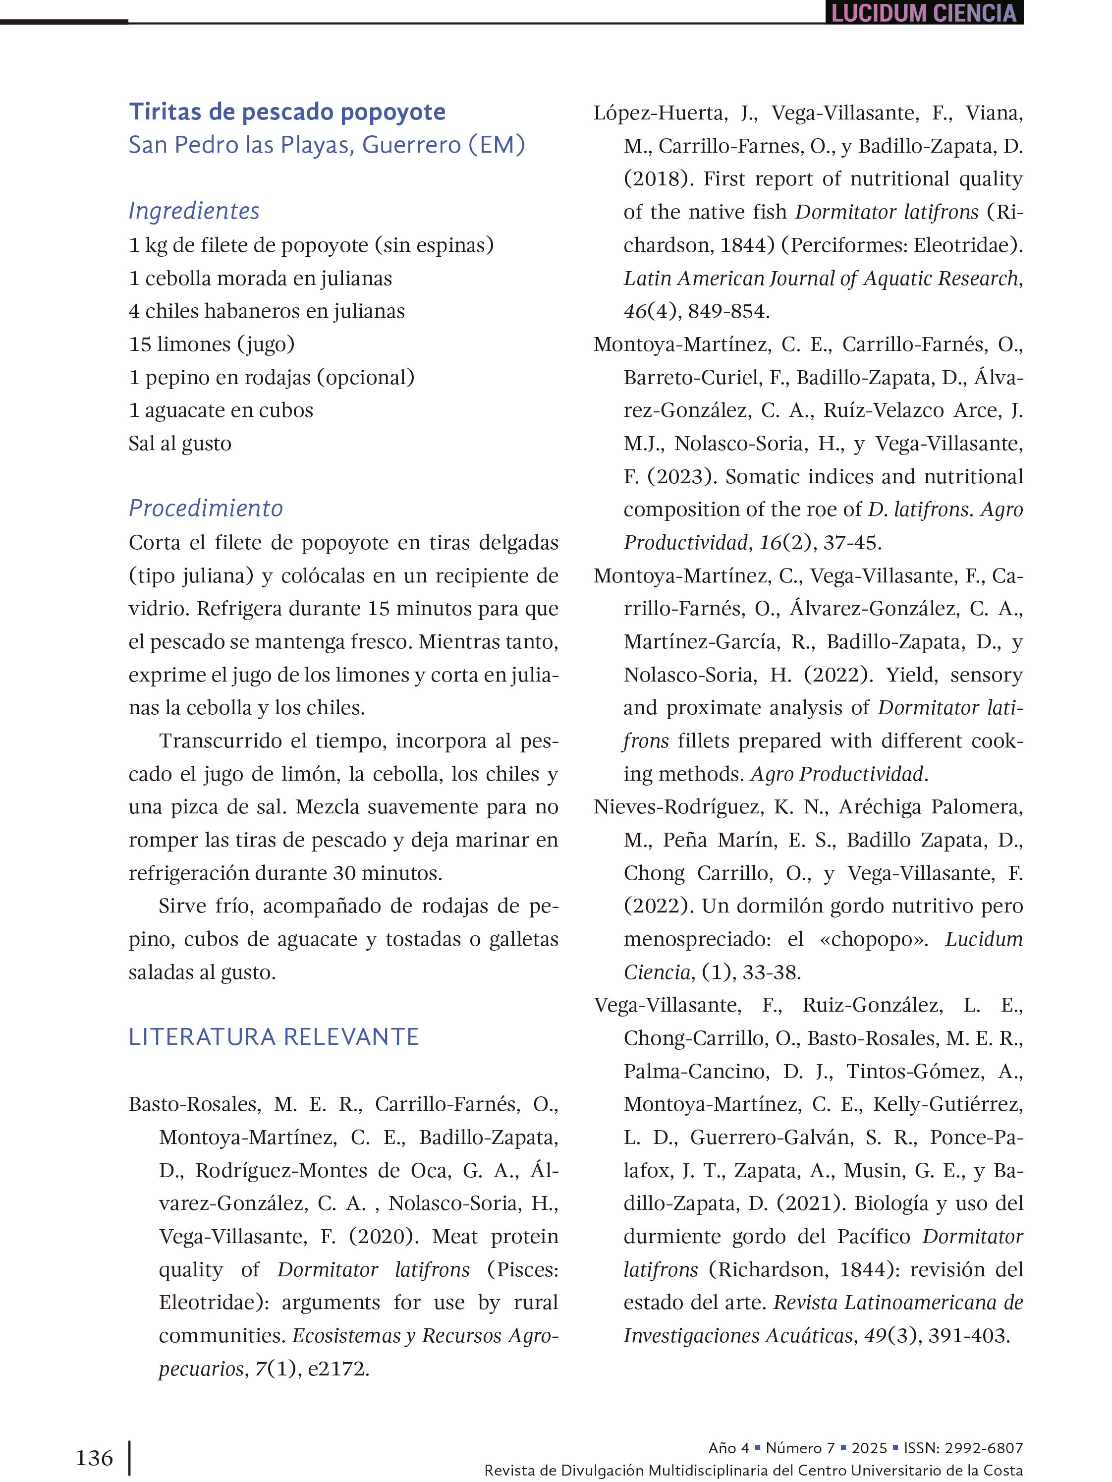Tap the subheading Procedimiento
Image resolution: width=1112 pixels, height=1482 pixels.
pyautogui.click(x=206, y=508)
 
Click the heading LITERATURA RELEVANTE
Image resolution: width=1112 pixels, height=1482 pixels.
pyautogui.click(x=274, y=1036)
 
